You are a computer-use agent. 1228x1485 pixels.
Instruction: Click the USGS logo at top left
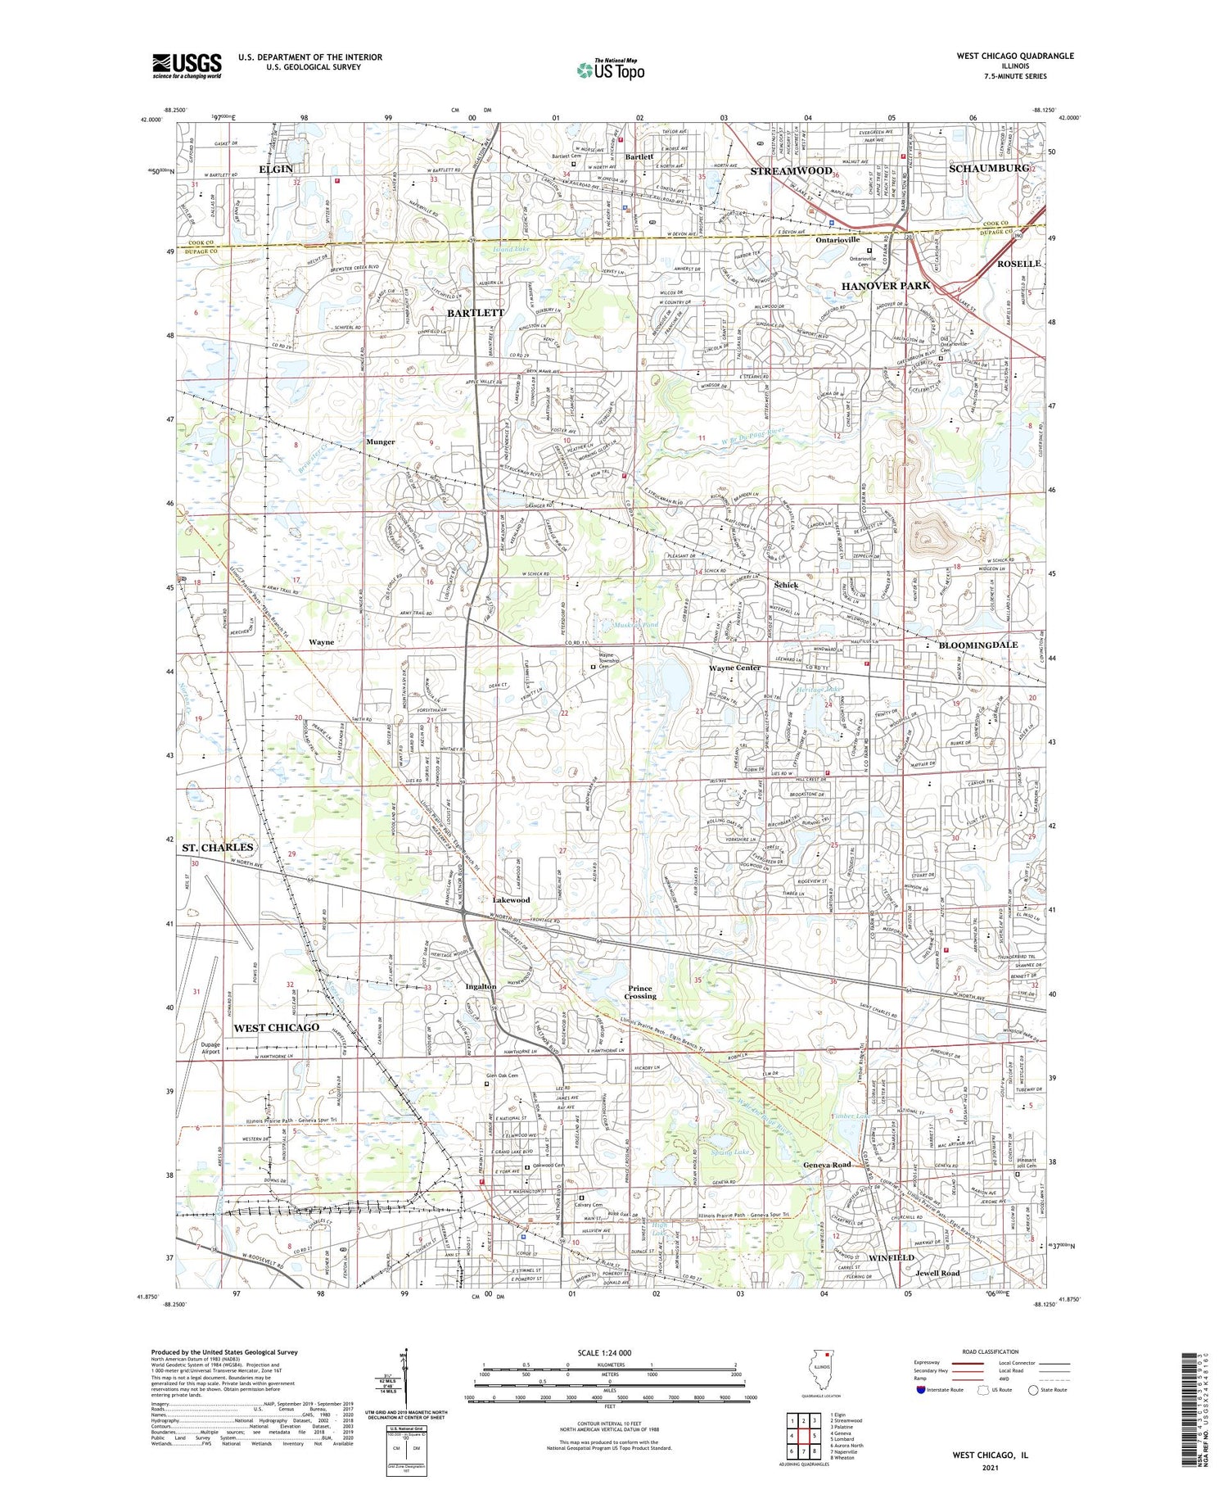tap(187, 66)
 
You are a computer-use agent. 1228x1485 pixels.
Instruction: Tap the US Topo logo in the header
tap(610, 70)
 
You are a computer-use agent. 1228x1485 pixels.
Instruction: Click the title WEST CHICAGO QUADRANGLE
tap(1014, 56)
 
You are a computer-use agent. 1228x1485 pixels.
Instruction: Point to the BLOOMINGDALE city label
tap(978, 645)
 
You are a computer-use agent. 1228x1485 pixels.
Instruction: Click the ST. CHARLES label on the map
tap(218, 847)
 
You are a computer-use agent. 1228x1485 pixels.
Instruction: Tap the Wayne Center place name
tap(734, 668)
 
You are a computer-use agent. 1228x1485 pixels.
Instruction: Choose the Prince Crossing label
tap(640, 992)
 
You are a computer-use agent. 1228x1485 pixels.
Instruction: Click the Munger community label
tap(380, 441)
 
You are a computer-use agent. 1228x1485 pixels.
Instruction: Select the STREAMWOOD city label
tap(791, 170)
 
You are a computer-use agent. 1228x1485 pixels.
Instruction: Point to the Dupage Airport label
tap(210, 1048)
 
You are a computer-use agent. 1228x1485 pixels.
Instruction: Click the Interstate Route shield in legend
tap(921, 1390)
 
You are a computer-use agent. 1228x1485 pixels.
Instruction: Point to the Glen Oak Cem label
tap(502, 1075)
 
